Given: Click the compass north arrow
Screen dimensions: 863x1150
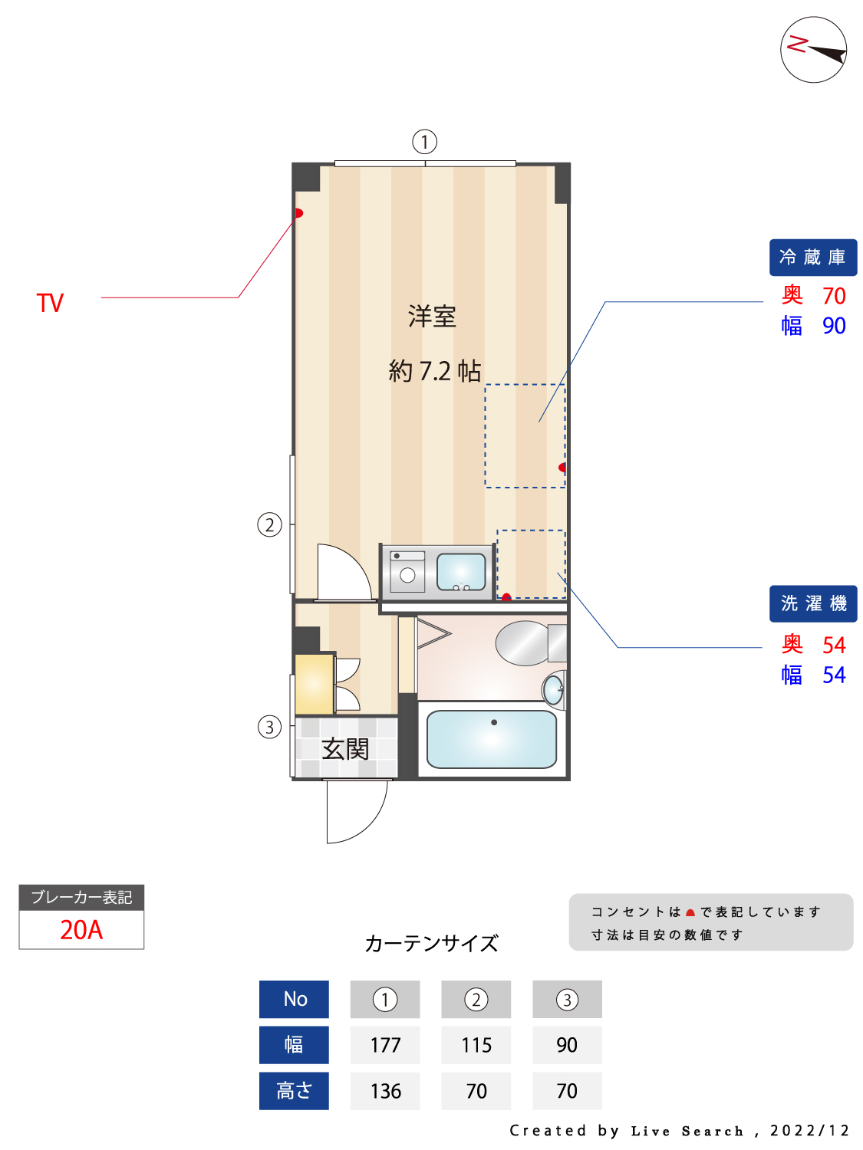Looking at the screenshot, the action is tap(826, 54).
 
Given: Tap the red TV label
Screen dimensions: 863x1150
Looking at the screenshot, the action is tap(50, 303).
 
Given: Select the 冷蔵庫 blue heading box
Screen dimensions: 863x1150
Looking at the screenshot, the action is tap(812, 258).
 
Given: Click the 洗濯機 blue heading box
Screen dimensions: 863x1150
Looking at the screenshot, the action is tap(812, 603).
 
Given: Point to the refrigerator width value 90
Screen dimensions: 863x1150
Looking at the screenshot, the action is tap(834, 326).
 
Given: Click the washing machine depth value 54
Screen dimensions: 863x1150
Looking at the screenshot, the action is tap(834, 645).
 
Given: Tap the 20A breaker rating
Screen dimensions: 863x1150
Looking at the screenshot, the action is tap(81, 930).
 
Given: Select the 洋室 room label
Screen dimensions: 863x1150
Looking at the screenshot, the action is tap(432, 317).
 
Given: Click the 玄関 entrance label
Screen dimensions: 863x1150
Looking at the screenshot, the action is tap(344, 749).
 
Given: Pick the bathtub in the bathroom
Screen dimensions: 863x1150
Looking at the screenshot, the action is tap(492, 739).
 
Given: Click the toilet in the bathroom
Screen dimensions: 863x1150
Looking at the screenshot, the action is tap(530, 643).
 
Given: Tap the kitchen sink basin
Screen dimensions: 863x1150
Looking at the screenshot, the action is tap(461, 572).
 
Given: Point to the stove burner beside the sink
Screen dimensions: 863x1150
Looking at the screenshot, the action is tap(407, 575).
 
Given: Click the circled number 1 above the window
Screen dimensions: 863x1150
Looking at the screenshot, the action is tap(424, 142).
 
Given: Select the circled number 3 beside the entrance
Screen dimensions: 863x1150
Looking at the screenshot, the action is tap(269, 727).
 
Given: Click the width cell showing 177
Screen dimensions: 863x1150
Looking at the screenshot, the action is tap(385, 1045).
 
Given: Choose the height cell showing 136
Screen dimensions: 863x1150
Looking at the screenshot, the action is tap(385, 1091).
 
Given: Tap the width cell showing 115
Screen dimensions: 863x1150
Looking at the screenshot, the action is tap(476, 1045).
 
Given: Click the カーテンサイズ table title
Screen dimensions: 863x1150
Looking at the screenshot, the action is tap(431, 943).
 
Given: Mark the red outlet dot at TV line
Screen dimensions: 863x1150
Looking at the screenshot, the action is tap(298, 213).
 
